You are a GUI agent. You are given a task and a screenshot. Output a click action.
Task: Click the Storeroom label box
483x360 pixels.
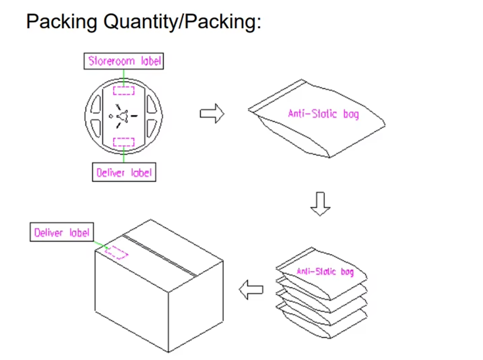124,61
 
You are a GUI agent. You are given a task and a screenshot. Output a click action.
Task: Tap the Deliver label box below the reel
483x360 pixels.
124,172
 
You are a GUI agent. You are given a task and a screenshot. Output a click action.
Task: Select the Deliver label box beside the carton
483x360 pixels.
62,232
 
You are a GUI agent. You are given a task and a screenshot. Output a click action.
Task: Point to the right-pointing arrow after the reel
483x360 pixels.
212,113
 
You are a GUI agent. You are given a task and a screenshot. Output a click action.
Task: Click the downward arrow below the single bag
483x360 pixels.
320,204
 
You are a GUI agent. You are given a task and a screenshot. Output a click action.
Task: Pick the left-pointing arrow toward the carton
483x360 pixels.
251,290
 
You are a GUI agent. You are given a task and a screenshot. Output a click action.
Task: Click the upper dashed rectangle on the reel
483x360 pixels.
124,91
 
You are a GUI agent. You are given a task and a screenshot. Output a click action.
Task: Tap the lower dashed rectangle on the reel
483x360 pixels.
124,142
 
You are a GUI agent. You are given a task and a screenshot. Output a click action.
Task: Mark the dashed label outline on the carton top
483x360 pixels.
116,252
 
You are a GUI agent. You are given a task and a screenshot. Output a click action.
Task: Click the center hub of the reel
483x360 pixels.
123,116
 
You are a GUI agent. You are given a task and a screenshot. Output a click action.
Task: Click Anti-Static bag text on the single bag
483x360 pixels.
323,114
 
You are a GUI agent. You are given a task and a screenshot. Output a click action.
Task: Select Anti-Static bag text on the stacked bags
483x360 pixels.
325,271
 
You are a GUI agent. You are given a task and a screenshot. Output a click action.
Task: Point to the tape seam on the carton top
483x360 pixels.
160,255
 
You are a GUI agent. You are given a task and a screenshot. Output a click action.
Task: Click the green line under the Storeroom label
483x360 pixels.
124,78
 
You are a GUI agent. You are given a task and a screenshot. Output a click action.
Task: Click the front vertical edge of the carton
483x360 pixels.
169,322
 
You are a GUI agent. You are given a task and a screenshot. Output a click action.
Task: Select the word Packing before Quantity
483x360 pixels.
61,22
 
